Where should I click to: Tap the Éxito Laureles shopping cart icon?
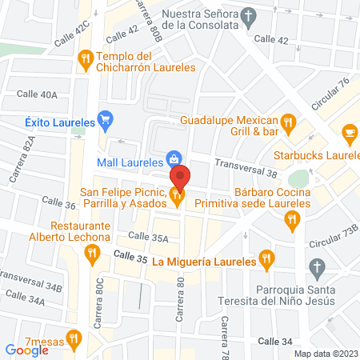pyautogui.click(x=104, y=121)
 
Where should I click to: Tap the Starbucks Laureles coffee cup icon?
pyautogui.click(x=349, y=133)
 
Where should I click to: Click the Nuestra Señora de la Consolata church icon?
pyautogui.click(x=248, y=16)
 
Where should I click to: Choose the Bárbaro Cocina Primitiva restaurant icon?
pyautogui.click(x=294, y=218)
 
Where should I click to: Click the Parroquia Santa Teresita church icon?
pyautogui.click(x=317, y=266)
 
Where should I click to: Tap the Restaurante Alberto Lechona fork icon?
pyautogui.click(x=92, y=253)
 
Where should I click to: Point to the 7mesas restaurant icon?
pyautogui.click(x=75, y=340)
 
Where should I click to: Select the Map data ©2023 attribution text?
pyautogui.click(x=326, y=354)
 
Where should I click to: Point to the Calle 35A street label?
pyautogui.click(x=148, y=238)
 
